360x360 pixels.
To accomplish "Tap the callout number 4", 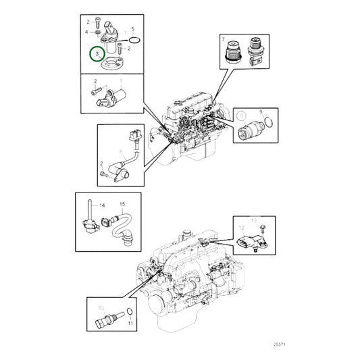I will pyautogui.click(x=86, y=32).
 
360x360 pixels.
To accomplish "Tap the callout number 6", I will pyautogui.click(x=120, y=152).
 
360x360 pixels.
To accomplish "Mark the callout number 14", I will pyautogui.click(x=103, y=205).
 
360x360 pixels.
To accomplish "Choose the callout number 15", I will pyautogui.click(x=122, y=203).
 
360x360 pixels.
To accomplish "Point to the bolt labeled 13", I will pyautogui.click(x=262, y=230).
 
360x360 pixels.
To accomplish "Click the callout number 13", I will pyautogui.click(x=254, y=220).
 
